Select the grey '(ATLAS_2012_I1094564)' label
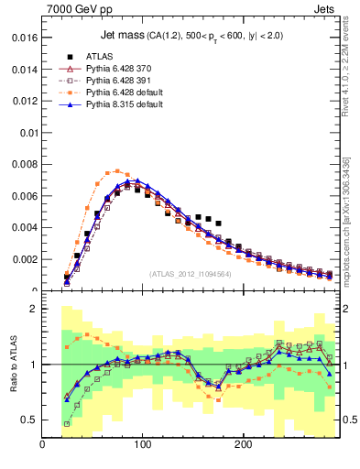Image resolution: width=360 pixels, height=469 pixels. pos(189,273)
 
